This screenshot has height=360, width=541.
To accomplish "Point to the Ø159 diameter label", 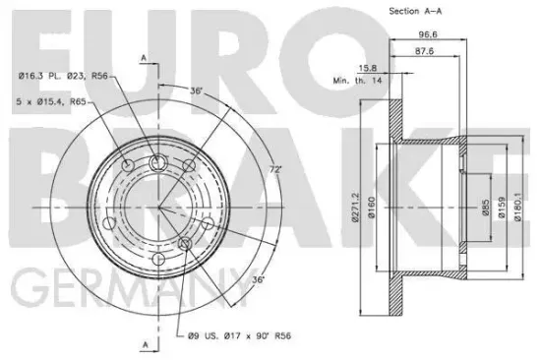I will (x=502, y=208).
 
